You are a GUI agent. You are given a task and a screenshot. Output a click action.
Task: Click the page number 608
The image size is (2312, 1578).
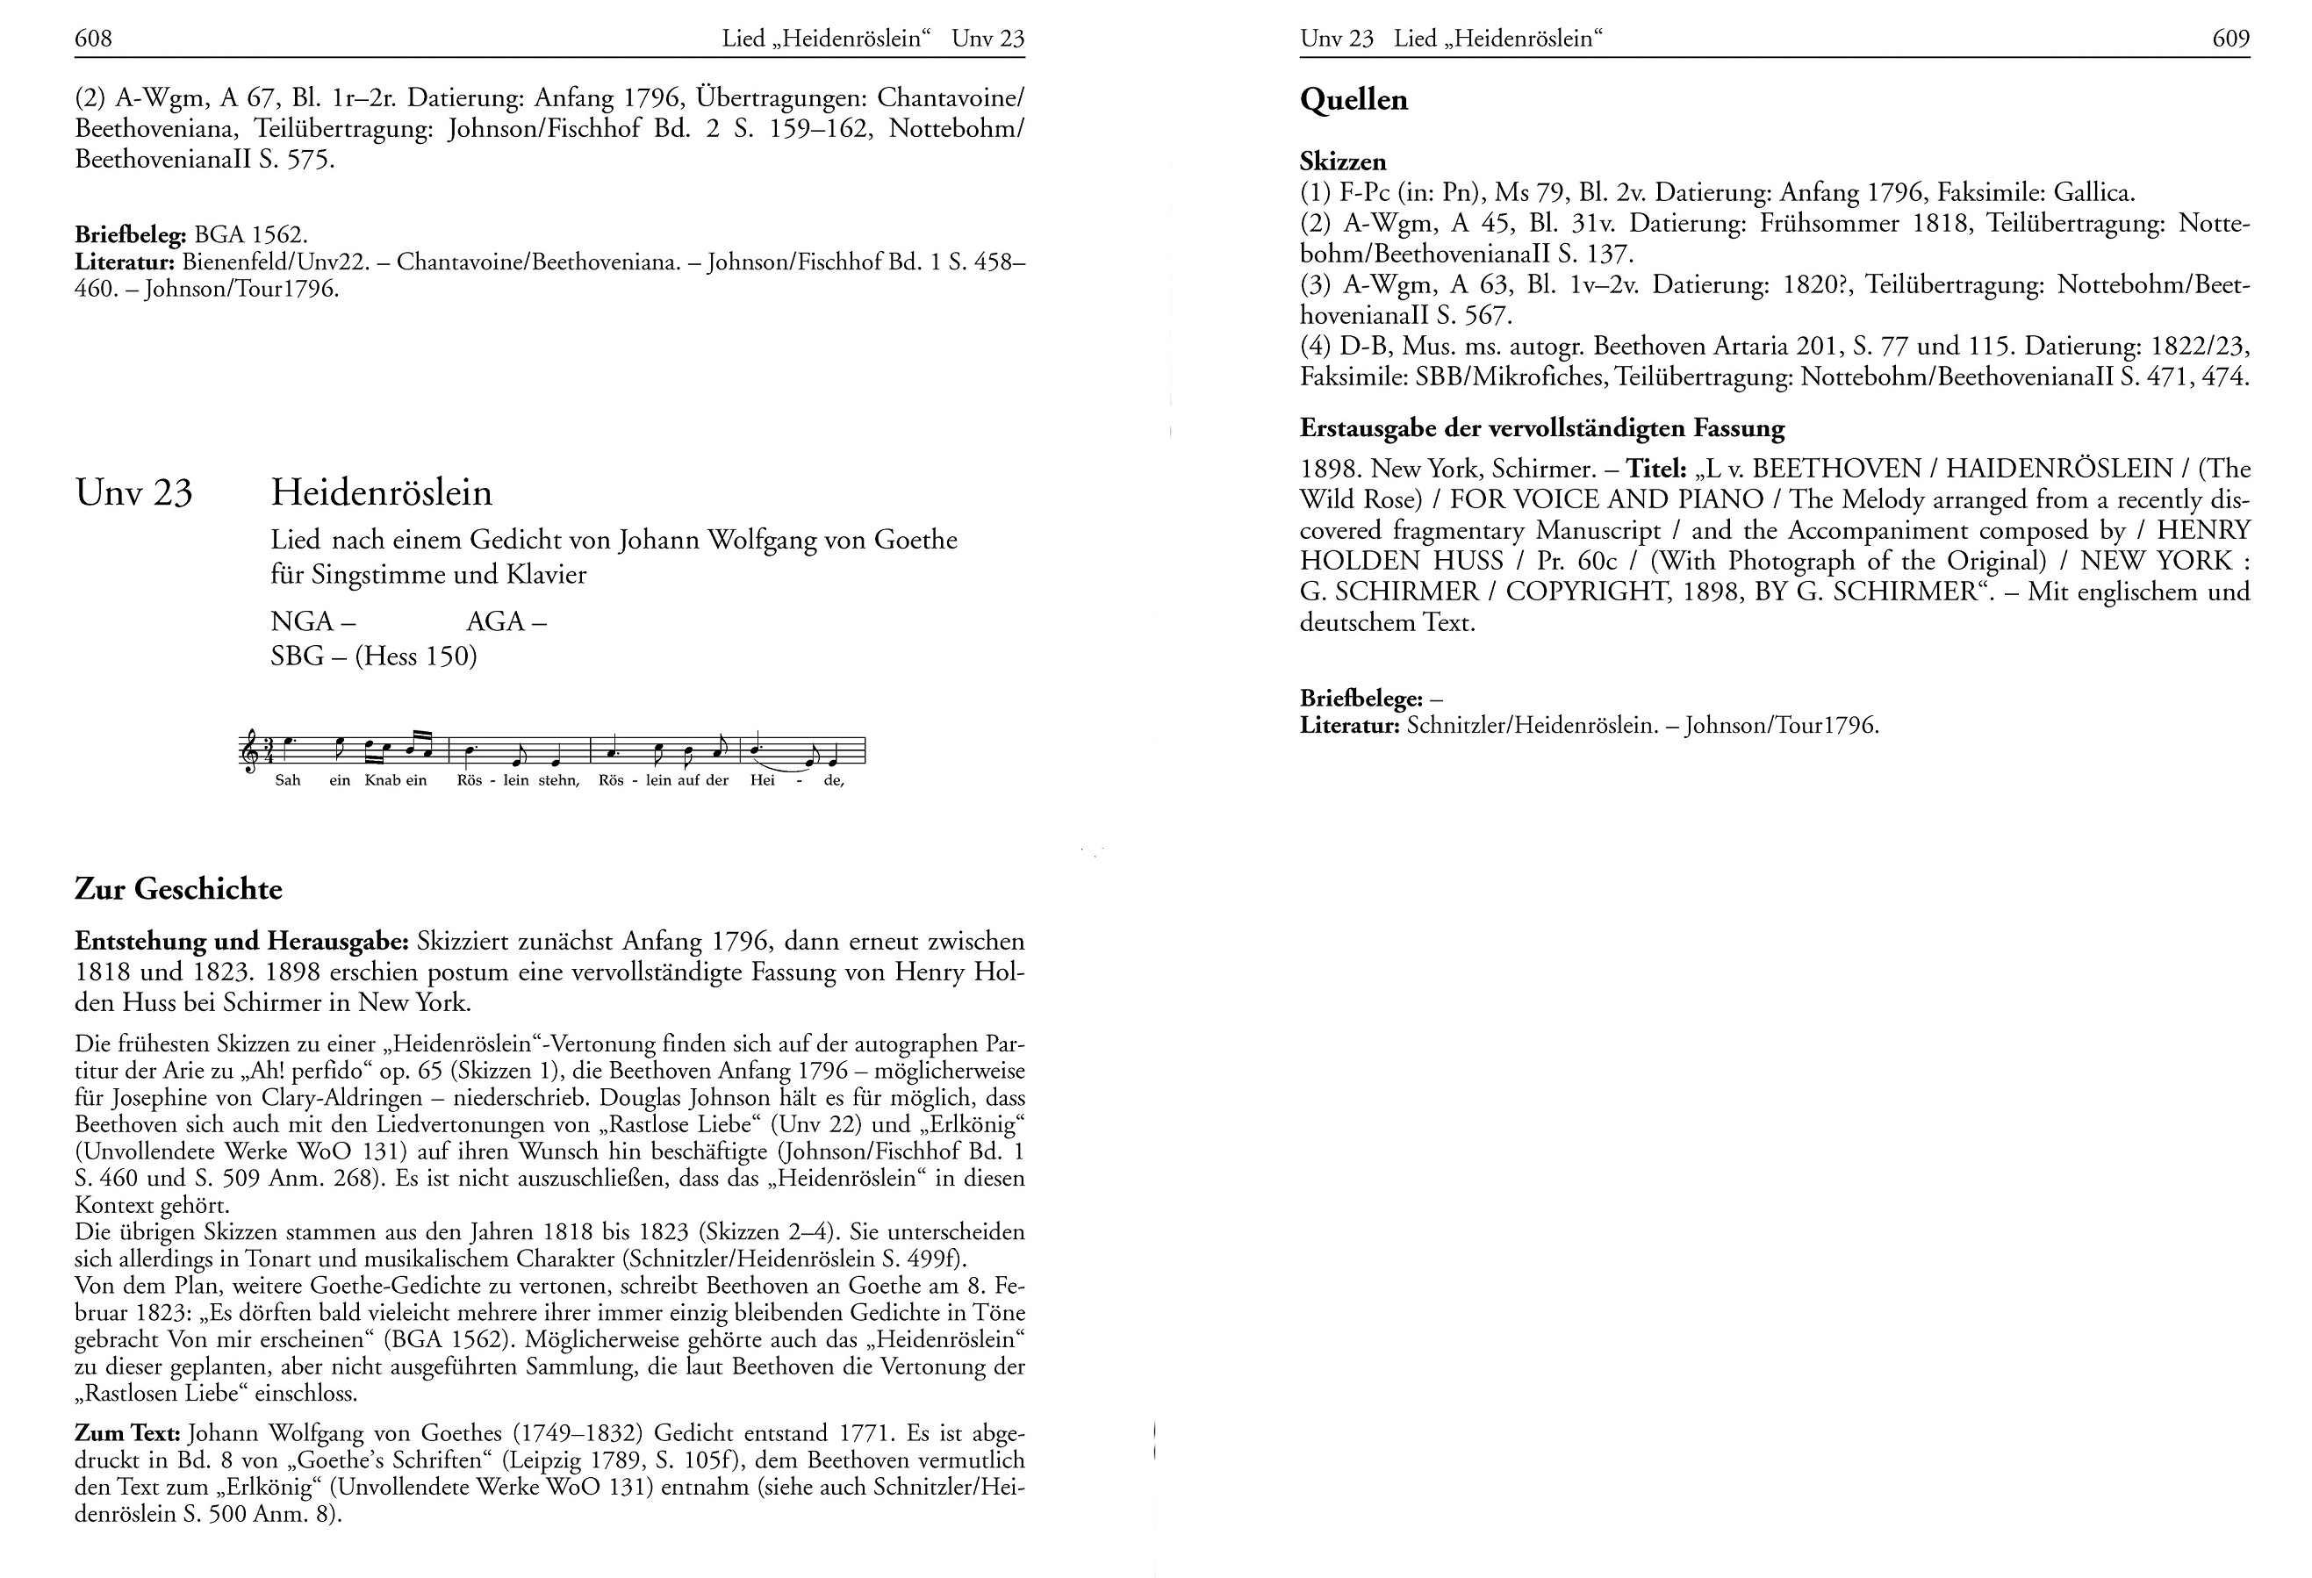pyautogui.click(x=94, y=39)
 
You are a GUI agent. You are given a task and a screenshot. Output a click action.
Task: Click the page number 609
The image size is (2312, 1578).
pyautogui.click(x=2230, y=39)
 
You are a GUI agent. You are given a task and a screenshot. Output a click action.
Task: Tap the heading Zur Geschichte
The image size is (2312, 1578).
pyautogui.click(x=178, y=888)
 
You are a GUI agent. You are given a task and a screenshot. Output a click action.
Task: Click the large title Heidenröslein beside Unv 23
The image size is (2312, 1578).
pyautogui.click(x=382, y=492)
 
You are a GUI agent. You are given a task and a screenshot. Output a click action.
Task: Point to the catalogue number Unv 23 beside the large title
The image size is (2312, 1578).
pyautogui.click(x=133, y=493)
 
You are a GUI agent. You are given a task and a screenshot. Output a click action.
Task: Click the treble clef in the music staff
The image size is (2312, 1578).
pyautogui.click(x=248, y=751)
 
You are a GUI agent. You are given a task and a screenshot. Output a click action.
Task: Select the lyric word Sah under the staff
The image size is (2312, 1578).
pyautogui.click(x=288, y=780)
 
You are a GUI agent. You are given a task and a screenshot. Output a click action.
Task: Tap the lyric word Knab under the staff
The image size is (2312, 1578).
pyautogui.click(x=382, y=780)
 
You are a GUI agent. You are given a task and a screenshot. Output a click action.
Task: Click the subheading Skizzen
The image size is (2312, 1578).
pyautogui.click(x=1342, y=161)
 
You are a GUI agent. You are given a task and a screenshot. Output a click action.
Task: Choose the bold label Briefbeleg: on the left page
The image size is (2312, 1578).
pyautogui.click(x=130, y=236)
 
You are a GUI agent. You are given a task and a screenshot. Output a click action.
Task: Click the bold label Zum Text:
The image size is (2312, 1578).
pyautogui.click(x=127, y=1434)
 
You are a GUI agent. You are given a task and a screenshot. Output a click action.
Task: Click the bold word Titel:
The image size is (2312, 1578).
pyautogui.click(x=1655, y=469)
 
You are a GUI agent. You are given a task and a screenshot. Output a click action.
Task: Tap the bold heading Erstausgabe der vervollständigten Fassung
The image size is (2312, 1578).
pyautogui.click(x=1542, y=429)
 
